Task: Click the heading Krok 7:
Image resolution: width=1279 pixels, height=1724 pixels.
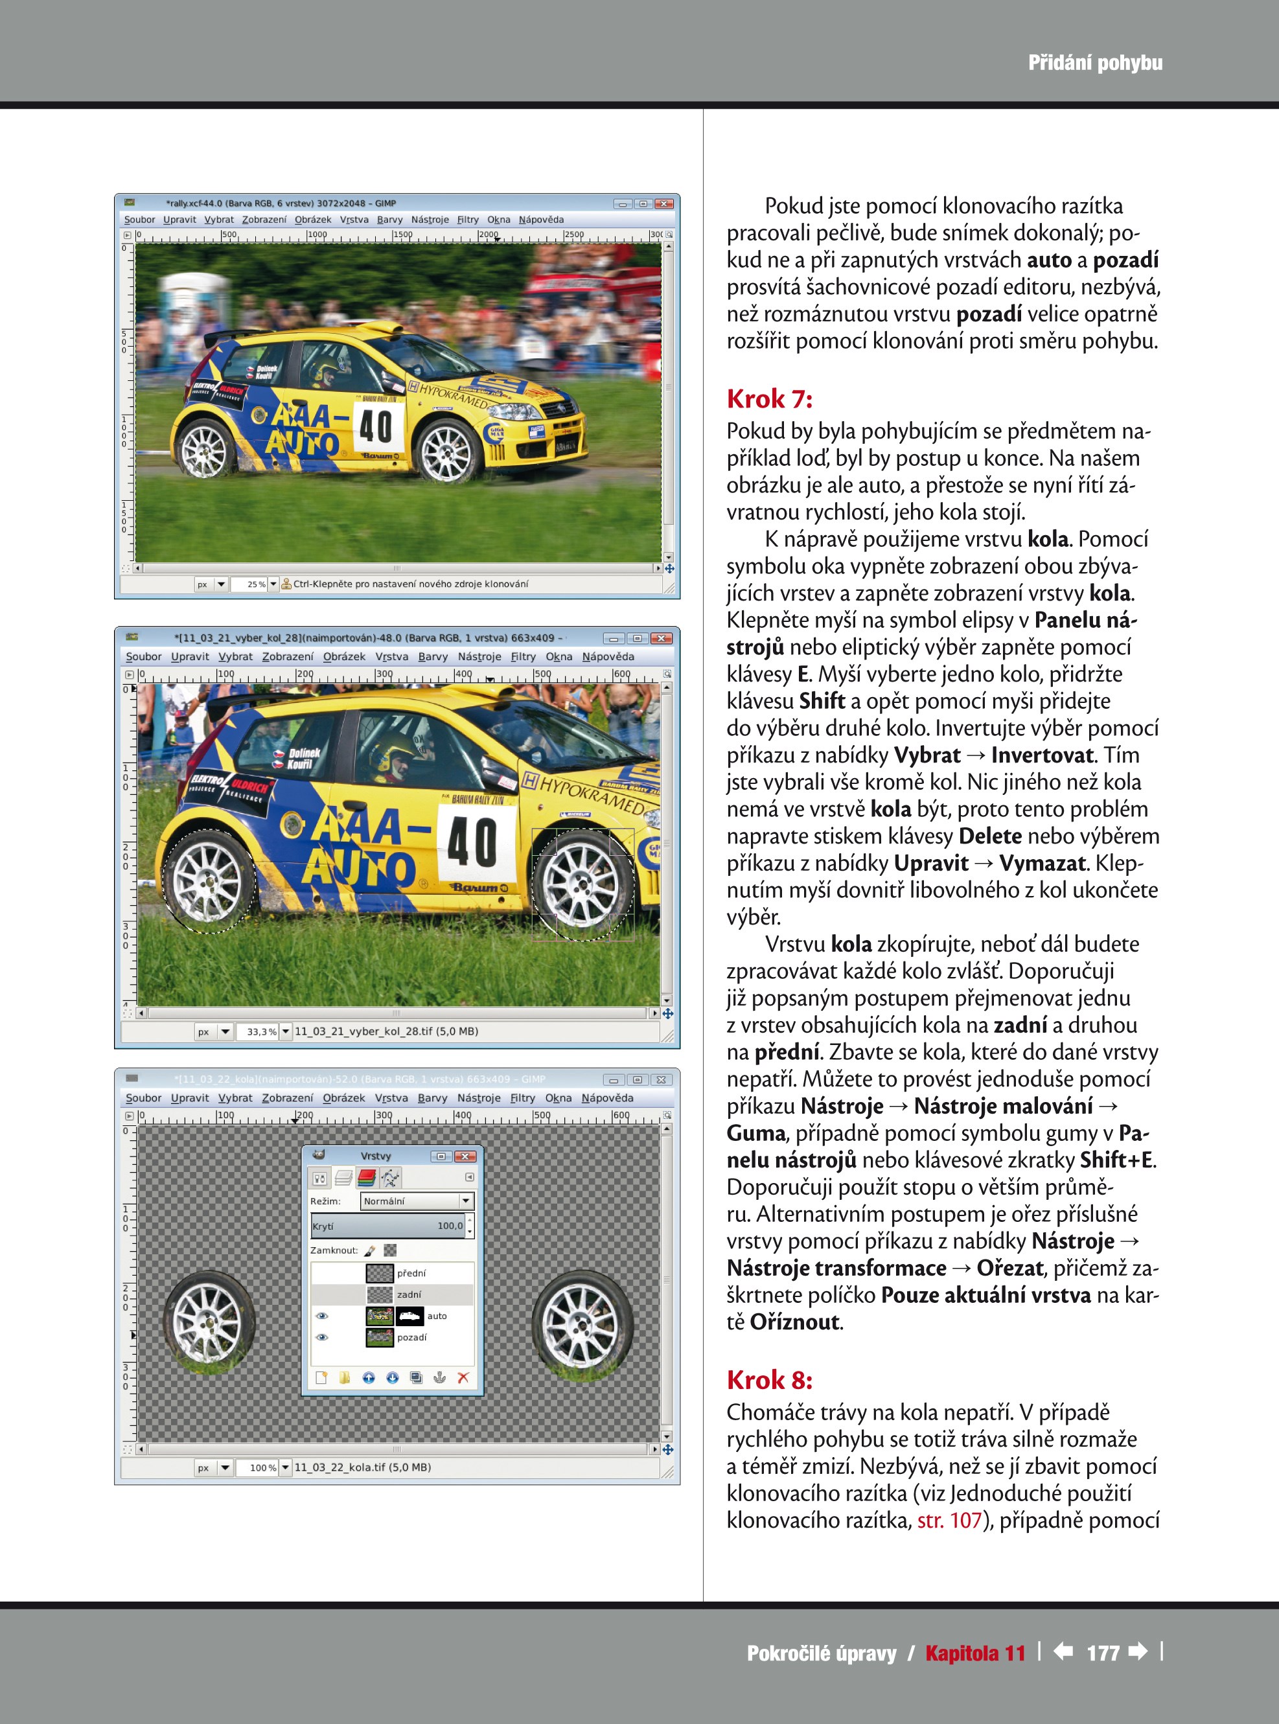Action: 769,400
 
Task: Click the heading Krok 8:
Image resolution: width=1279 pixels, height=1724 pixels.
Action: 769,1379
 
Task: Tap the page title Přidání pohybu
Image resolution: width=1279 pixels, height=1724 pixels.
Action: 1095,63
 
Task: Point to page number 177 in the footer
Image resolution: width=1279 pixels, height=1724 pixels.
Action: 1103,1653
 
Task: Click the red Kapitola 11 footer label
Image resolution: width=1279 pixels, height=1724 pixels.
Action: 974,1653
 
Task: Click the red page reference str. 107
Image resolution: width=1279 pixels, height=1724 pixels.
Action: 949,1521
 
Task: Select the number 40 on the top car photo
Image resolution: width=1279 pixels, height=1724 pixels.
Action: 376,425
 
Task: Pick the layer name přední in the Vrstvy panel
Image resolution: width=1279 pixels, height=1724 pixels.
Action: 411,1272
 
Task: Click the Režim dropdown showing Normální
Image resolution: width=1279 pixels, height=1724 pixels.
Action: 417,1201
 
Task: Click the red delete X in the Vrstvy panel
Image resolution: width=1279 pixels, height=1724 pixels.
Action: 463,1377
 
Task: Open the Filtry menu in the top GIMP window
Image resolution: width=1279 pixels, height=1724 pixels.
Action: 468,220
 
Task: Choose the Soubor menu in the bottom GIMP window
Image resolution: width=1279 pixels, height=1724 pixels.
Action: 143,1098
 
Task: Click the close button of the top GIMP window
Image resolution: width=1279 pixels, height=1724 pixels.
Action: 663,203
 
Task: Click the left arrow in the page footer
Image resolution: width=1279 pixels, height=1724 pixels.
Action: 1063,1651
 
